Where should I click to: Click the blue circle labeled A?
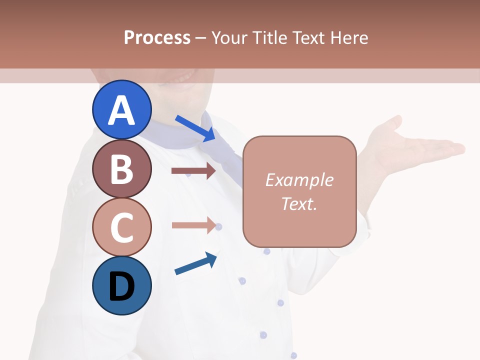click(x=121, y=109)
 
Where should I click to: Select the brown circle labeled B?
click(x=121, y=168)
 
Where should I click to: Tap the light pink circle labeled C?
click(x=121, y=227)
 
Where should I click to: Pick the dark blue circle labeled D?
click(x=121, y=285)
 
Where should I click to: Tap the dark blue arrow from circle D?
click(x=195, y=263)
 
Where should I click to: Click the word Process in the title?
click(x=157, y=38)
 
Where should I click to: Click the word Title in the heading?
click(x=270, y=38)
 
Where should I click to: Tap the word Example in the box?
click(x=299, y=180)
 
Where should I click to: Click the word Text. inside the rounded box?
click(x=299, y=203)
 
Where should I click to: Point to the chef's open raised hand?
click(x=410, y=147)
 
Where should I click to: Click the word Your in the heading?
click(x=230, y=38)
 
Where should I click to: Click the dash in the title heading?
click(x=200, y=38)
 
